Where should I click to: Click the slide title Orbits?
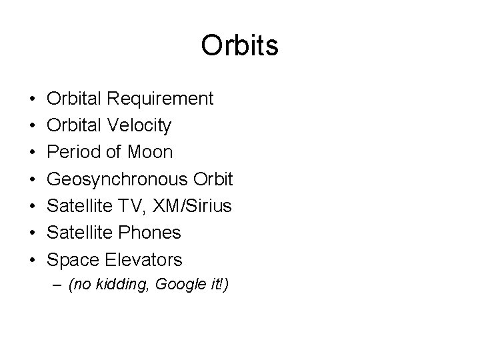[x=239, y=46]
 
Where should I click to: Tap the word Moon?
[x=149, y=152]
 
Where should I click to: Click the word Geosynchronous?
[x=117, y=179]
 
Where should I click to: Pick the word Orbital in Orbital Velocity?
[x=74, y=125]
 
